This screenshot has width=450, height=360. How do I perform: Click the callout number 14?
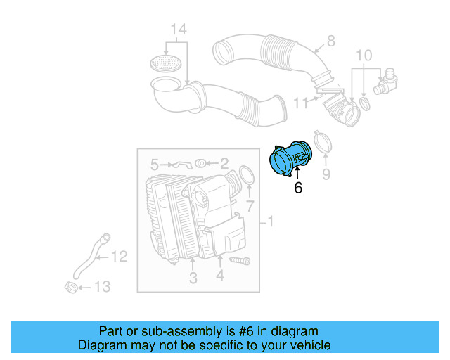pyautogui.click(x=179, y=30)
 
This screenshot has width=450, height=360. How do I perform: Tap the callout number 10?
pyautogui.click(x=363, y=55)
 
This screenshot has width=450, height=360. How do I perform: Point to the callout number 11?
pyautogui.click(x=300, y=103)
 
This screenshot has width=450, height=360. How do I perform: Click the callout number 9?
pyautogui.click(x=326, y=173)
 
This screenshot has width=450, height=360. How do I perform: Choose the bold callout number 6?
pyautogui.click(x=298, y=188)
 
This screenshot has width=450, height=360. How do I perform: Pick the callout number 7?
pyautogui.click(x=249, y=206)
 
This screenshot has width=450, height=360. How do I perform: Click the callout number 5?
pyautogui.click(x=154, y=165)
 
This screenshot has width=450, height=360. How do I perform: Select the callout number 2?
pyautogui.click(x=224, y=165)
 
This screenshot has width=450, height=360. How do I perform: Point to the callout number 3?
pyautogui.click(x=193, y=278)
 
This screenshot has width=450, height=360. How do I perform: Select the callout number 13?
pyautogui.click(x=102, y=286)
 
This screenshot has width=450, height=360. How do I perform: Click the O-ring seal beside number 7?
pyautogui.click(x=247, y=176)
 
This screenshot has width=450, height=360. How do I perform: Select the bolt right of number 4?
pyautogui.click(x=240, y=262)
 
